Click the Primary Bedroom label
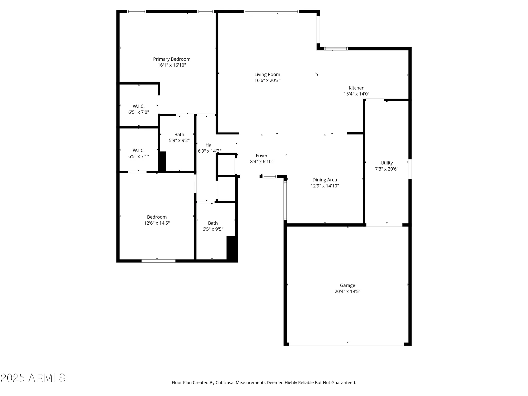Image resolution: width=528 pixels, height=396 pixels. point(172,59)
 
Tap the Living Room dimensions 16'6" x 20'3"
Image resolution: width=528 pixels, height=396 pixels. point(267,81)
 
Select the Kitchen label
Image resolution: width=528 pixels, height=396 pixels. point(356,88)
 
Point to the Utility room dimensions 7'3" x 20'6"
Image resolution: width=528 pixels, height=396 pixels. point(386,169)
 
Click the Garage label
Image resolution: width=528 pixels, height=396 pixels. point(347,285)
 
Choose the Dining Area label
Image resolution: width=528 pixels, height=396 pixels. point(324,180)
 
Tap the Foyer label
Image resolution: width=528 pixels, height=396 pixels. point(261,156)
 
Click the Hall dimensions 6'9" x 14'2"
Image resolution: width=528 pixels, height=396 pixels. point(209,151)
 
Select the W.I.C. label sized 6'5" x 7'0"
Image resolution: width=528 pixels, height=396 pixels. point(139,106)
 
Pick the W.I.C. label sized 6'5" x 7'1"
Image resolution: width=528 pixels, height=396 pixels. point(139,150)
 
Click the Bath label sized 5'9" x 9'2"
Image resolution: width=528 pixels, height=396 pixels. point(179,135)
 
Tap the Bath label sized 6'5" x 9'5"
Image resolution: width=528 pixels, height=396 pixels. point(213,223)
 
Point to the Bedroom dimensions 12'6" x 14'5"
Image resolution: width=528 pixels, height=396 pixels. point(157,223)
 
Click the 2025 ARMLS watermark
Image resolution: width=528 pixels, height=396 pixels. point(33,378)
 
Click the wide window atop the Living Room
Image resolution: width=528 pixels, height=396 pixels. point(271,12)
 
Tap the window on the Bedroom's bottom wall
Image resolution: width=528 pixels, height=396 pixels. point(158,261)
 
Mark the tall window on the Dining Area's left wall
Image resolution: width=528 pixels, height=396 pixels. point(285,201)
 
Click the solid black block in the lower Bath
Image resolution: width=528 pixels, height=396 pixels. point(232,248)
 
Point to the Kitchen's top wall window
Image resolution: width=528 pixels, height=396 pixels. point(336,49)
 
